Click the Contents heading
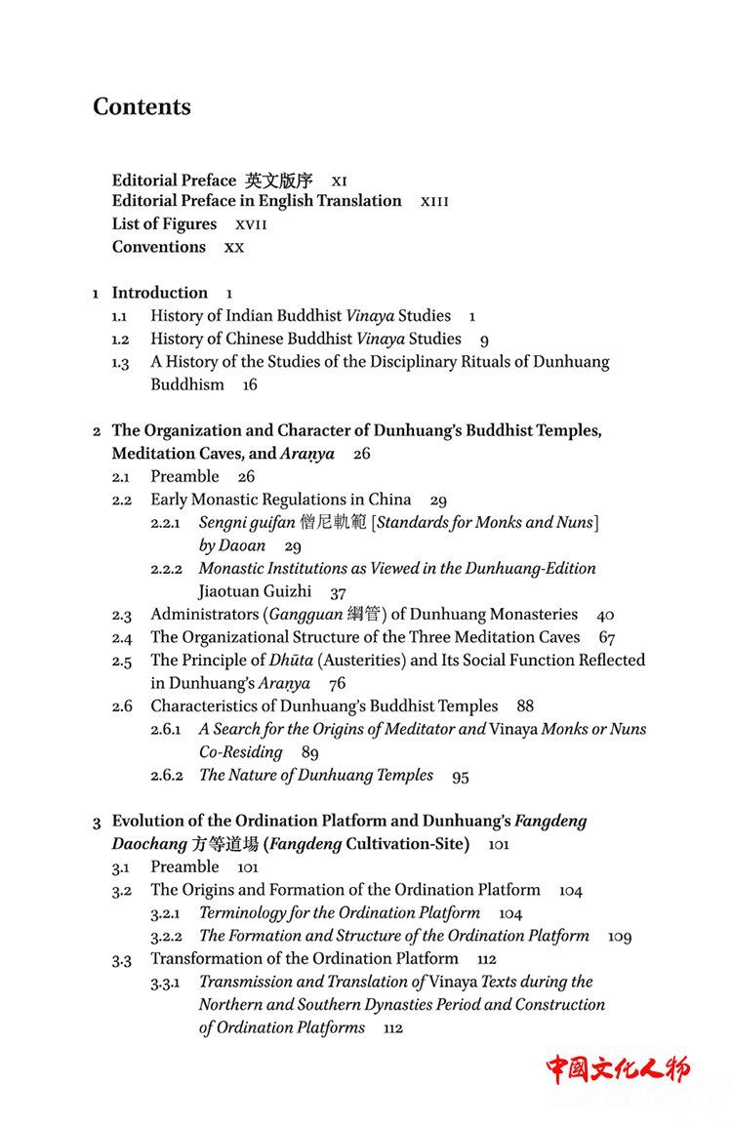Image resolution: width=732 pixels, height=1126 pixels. click(142, 107)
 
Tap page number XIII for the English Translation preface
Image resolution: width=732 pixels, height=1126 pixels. click(434, 202)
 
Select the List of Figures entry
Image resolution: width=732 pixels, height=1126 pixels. click(164, 224)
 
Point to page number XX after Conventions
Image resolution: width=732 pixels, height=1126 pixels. click(234, 248)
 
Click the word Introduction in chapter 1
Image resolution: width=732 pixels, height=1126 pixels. click(159, 293)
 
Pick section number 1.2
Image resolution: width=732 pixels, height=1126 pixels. click(120, 340)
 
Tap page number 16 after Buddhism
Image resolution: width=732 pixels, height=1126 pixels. click(250, 385)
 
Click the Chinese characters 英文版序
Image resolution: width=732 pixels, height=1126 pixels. click(279, 181)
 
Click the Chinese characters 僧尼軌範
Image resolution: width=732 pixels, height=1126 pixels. click(333, 523)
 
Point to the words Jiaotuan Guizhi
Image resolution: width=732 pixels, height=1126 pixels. click(255, 591)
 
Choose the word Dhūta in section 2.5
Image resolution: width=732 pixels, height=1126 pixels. click(289, 661)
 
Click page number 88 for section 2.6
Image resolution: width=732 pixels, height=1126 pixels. click(525, 706)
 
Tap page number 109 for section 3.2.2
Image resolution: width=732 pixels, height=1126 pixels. click(620, 937)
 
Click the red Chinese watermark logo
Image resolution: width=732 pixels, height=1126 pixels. click(618, 1068)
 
